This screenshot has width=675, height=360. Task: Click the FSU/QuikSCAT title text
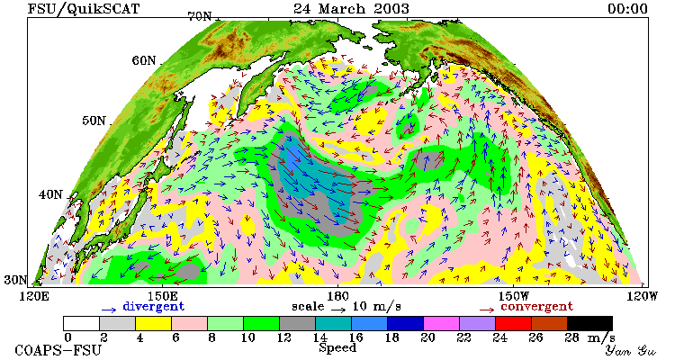[x=84, y=8]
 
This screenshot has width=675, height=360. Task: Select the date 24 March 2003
[x=351, y=8]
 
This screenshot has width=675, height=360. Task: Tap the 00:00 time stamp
[x=627, y=8]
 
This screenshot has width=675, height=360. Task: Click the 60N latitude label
[x=144, y=60]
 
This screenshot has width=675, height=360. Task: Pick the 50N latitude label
[x=94, y=121]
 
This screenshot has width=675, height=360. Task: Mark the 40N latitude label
[x=50, y=194]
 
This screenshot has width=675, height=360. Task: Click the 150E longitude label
[x=162, y=296]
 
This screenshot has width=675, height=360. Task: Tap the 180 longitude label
[x=337, y=296]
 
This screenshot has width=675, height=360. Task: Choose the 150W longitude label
[x=514, y=296]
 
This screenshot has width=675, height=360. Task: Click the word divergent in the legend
[x=154, y=306]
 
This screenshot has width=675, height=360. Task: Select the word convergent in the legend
[x=536, y=306]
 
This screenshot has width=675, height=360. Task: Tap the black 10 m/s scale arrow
[x=338, y=309]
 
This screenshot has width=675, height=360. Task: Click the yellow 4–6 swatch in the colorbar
[x=153, y=323]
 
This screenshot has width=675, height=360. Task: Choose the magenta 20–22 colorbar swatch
[x=441, y=323]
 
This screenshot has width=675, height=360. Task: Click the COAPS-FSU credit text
[x=58, y=350]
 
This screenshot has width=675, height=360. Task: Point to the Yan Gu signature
[x=631, y=350]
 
